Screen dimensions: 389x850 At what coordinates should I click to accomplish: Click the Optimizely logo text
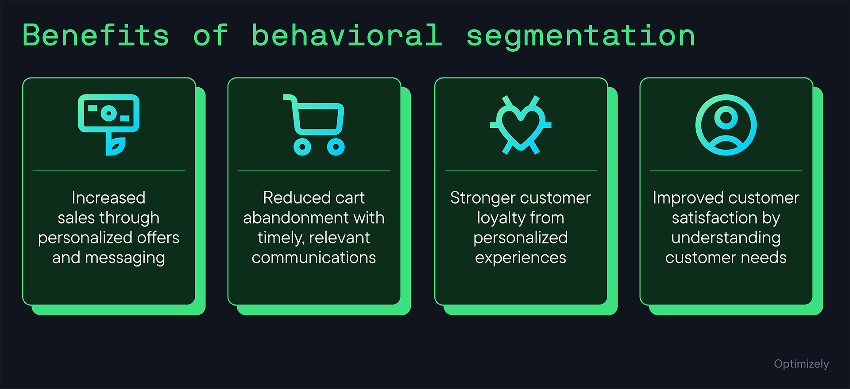(801, 364)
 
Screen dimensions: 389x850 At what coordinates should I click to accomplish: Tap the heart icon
(521, 125)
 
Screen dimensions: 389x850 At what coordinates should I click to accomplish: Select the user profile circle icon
(726, 125)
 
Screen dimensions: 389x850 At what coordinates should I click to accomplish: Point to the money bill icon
(108, 113)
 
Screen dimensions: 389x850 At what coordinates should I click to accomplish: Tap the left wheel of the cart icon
(302, 146)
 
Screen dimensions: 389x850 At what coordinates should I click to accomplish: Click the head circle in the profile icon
(726, 117)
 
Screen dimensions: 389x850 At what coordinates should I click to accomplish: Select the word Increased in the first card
(108, 198)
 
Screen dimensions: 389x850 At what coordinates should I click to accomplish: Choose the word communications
(313, 258)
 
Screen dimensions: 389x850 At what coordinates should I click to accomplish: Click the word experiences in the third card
(520, 258)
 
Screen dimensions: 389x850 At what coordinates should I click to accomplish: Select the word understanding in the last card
(726, 238)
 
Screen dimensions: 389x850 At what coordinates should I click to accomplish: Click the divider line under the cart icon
(313, 170)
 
